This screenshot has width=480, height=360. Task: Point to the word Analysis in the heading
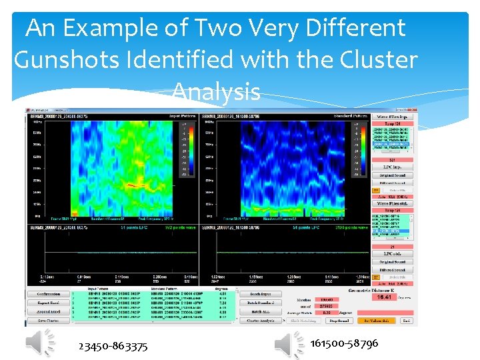pyautogui.click(x=215, y=91)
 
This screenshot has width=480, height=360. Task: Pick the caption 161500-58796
pyautogui.click(x=344, y=343)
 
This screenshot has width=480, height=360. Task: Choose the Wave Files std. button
pyautogui.click(x=393, y=203)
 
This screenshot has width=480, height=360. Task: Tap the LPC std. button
pyautogui.click(x=393, y=254)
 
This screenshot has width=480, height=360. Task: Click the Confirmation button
pyautogui.click(x=48, y=294)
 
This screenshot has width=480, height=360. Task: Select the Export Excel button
pyautogui.click(x=48, y=303)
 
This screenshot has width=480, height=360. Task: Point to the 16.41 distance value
pyautogui.click(x=385, y=297)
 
